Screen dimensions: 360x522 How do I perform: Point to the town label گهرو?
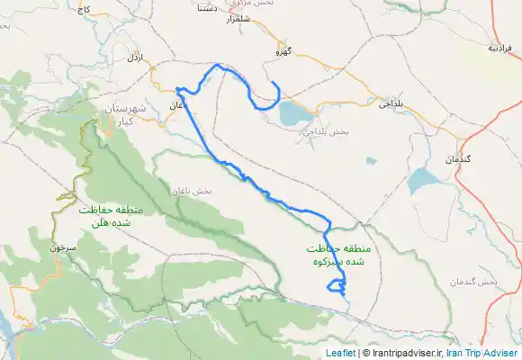click(x=285, y=51)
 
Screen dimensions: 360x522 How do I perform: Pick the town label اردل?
click(x=136, y=58)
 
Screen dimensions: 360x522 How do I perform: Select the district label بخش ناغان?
click(x=189, y=191)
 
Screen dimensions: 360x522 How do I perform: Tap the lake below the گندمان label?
click(x=421, y=183)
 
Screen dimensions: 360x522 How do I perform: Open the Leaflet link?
click(x=340, y=353)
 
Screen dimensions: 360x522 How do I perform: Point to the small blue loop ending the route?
click(x=337, y=288)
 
